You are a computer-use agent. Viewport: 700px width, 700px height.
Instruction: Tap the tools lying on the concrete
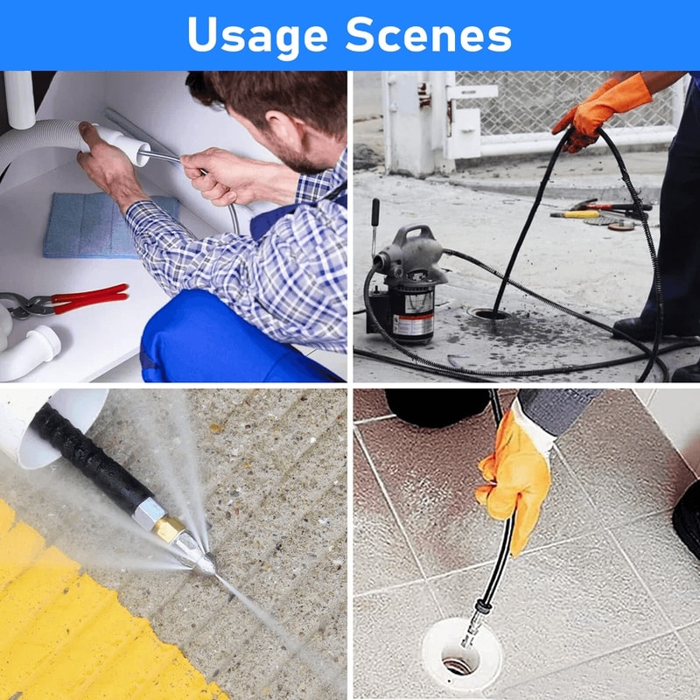tap(604, 214)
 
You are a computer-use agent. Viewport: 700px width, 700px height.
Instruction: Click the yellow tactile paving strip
tap(70, 612)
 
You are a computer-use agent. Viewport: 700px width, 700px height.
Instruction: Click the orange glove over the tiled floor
tap(516, 477)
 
